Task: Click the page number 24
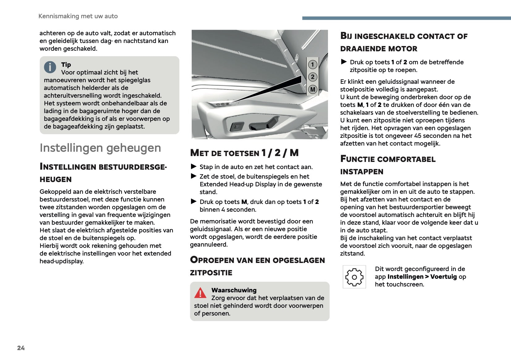click(21, 348)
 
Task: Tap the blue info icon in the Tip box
click(50, 67)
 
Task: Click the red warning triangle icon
click(200, 293)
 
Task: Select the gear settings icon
click(354, 277)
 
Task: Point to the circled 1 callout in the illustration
click(313, 65)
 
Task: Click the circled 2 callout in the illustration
click(313, 77)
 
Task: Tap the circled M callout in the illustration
click(313, 90)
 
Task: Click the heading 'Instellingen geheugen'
click(100, 148)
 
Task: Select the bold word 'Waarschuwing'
click(234, 290)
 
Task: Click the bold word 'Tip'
click(66, 65)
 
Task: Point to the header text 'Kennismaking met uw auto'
click(78, 16)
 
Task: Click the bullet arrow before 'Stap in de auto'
click(194, 167)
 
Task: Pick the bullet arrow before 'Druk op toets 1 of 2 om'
click(344, 62)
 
